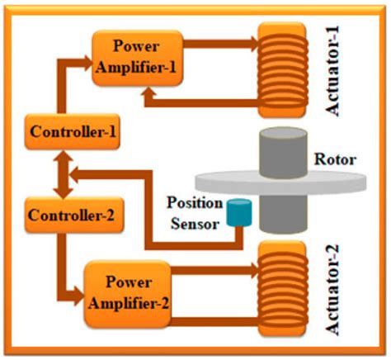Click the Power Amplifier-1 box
pos(134,55)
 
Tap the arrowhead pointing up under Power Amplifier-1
pos(150,96)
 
